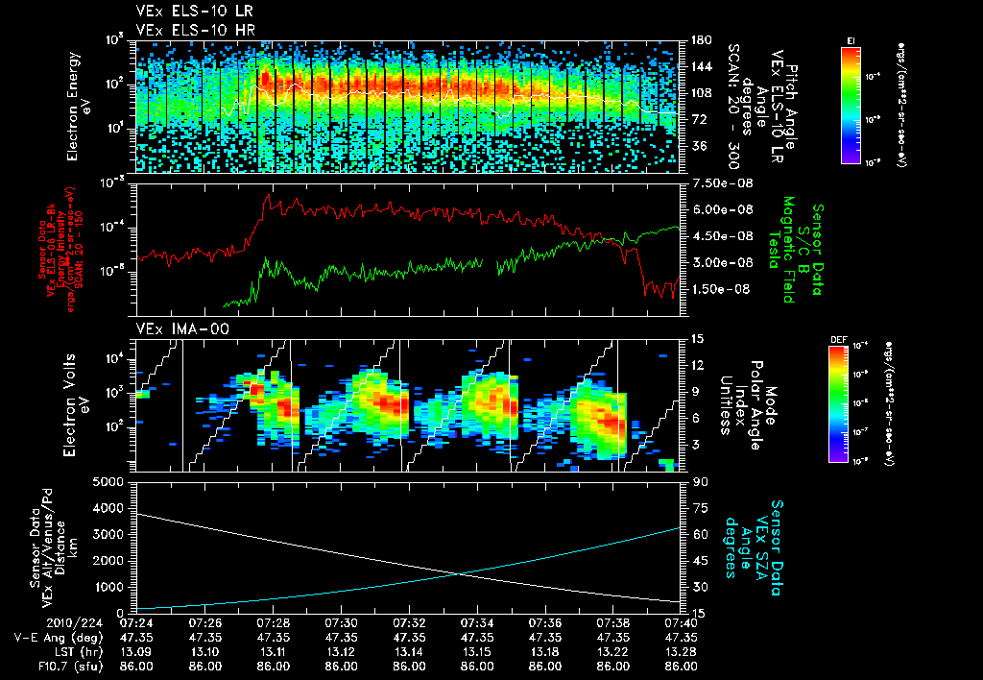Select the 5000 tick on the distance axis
111,481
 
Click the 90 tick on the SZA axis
693,482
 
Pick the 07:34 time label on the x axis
477,621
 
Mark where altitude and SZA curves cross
461,573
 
